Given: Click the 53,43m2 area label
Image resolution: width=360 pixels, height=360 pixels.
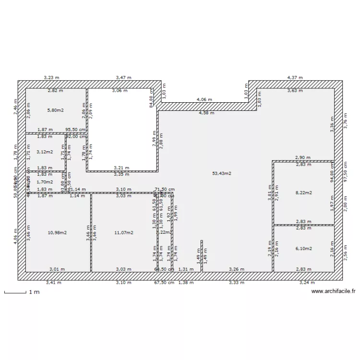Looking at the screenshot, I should point(221,173).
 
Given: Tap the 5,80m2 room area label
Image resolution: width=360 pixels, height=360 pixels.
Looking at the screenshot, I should point(56,110).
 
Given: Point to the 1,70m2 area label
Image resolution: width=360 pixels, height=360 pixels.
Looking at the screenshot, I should point(45,182).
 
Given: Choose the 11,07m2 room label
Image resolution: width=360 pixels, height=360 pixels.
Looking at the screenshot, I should point(123,233).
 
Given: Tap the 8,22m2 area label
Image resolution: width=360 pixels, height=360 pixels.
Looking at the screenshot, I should point(303,193).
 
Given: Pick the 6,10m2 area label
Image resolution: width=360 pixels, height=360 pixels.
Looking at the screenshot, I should point(303,249).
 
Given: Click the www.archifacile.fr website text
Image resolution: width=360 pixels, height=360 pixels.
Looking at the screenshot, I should point(333,291).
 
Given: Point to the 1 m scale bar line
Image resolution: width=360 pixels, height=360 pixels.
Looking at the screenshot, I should point(15,292).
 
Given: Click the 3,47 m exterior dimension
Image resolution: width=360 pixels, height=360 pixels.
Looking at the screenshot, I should point(123,77).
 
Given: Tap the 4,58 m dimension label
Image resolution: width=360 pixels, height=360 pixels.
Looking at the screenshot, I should point(206,113).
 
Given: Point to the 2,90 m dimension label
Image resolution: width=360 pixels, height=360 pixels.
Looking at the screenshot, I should point(302,157).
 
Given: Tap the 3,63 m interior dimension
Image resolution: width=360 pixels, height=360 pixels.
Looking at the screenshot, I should point(295,90).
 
